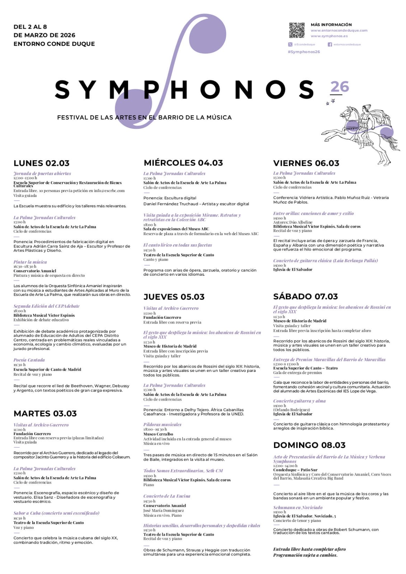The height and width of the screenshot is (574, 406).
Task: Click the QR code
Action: [x=297, y=30]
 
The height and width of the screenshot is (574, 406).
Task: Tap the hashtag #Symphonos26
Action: [x=304, y=52]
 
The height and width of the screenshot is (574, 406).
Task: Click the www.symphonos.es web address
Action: [x=329, y=36]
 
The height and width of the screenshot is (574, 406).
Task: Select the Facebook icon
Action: [x=330, y=45]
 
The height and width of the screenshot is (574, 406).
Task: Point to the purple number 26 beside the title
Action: [x=340, y=87]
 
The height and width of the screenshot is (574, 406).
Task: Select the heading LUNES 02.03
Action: [x=41, y=163]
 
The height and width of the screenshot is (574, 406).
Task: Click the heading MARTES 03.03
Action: [x=45, y=414]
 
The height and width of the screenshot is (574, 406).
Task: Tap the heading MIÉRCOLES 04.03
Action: [x=183, y=163]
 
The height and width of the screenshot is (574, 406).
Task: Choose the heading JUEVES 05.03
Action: [x=174, y=297]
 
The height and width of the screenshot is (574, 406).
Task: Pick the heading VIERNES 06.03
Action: [x=306, y=163]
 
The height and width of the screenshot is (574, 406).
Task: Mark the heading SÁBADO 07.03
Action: [x=305, y=297]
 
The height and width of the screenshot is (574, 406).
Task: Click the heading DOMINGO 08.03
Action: [x=309, y=445]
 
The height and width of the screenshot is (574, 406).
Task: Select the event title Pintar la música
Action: [x=30, y=262]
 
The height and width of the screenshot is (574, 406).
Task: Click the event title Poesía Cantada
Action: [x=29, y=360]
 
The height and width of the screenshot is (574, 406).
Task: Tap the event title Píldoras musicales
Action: [x=162, y=424]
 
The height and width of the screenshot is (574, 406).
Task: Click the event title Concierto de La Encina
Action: [x=167, y=496]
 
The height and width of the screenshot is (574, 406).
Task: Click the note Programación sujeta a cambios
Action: [x=305, y=555]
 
